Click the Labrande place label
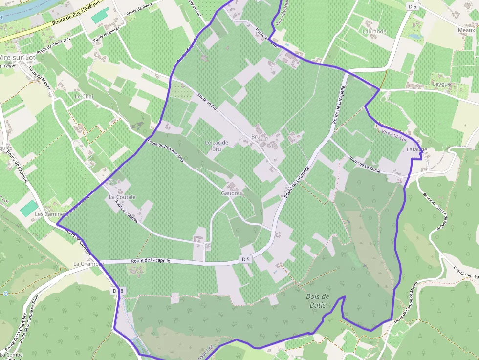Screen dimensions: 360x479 (x=374, y=31)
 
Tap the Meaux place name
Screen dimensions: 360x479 (x=466, y=30)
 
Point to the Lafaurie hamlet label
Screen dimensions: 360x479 (x=417, y=150)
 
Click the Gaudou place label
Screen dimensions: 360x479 (x=231, y=193)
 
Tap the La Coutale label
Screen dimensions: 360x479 (x=122, y=197)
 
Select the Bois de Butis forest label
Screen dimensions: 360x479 (x=318, y=300)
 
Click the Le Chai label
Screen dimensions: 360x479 (x=84, y=97)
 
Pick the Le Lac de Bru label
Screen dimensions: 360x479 (x=216, y=146)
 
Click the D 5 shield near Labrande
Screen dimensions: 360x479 (x=412, y=6)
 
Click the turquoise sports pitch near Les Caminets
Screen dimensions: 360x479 (x=29, y=208)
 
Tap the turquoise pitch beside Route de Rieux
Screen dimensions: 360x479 (x=100, y=15)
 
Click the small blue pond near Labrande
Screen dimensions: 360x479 (x=415, y=36)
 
